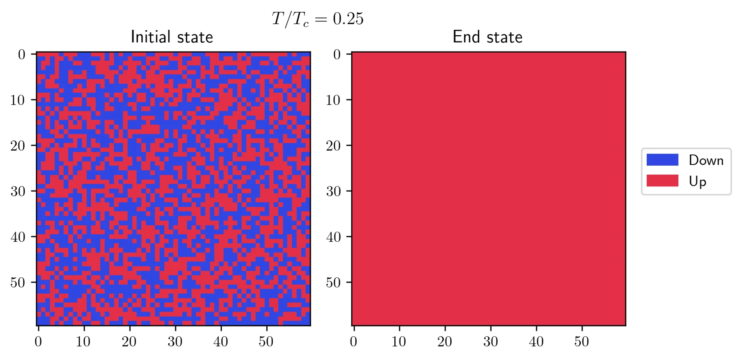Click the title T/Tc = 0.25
pyautogui.click(x=318, y=19)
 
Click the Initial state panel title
pyautogui.click(x=172, y=37)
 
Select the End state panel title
pyautogui.click(x=487, y=37)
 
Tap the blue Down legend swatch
pyautogui.click(x=662, y=160)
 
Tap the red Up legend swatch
pyautogui.click(x=662, y=181)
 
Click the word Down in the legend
pyautogui.click(x=706, y=160)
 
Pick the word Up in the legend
pyautogui.click(x=697, y=181)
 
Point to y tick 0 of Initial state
pyautogui.click(x=22, y=55)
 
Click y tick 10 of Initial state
pyautogui.click(x=17, y=100)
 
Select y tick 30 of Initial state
pyautogui.click(x=17, y=191)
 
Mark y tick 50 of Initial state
pyautogui.click(x=17, y=283)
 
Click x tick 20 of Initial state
pyautogui.click(x=129, y=341)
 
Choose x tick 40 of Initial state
pyautogui.click(x=221, y=341)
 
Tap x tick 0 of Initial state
pyautogui.click(x=38, y=341)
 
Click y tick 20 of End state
pyautogui.click(x=333, y=146)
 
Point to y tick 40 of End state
pyautogui.click(x=333, y=237)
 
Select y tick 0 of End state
pyautogui.click(x=337, y=55)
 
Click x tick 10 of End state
pyautogui.click(x=399, y=341)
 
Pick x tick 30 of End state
pyautogui.click(x=490, y=341)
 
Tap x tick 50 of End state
pyautogui.click(x=582, y=341)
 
